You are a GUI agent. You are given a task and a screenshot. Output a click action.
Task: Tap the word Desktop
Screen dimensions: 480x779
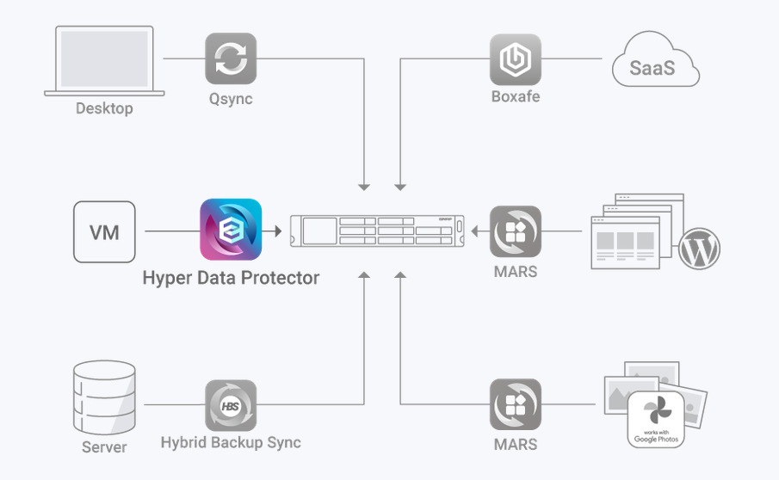click(104, 108)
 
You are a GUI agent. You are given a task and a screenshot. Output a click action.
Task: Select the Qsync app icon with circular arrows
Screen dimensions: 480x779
click(231, 58)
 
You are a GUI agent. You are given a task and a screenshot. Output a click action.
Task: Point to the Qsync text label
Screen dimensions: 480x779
click(231, 98)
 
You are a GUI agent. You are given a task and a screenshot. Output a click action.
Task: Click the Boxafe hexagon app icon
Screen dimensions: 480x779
click(516, 59)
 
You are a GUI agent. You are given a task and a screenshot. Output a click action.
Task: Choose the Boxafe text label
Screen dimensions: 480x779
click(516, 97)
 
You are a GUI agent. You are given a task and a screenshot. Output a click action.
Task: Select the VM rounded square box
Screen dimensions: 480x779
click(104, 231)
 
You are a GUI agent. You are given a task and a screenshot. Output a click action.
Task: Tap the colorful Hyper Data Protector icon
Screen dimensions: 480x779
click(231, 230)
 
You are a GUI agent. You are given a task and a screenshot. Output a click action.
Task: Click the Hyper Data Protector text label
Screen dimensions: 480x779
click(231, 278)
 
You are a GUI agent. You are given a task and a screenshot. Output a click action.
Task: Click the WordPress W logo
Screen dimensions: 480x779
click(698, 250)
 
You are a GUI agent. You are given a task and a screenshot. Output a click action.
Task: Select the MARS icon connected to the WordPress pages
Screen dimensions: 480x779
click(516, 231)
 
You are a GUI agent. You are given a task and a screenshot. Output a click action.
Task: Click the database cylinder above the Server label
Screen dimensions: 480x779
click(104, 397)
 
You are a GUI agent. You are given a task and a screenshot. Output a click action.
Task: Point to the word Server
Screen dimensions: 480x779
click(104, 446)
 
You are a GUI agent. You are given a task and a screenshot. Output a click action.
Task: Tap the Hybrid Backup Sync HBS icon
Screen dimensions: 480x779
click(231, 405)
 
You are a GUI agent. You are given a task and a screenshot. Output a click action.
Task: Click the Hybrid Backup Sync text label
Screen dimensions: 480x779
click(231, 443)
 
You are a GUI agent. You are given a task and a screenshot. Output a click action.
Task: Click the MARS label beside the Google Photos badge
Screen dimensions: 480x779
click(516, 445)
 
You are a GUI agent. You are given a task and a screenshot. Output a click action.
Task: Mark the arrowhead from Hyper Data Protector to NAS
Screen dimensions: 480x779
click(277, 231)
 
